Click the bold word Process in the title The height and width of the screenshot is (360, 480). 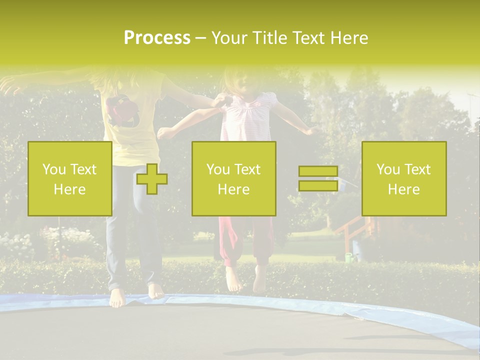pyautogui.click(x=157, y=38)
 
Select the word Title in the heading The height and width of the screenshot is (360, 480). pyautogui.click(x=268, y=38)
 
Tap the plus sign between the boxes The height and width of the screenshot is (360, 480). pyautogui.click(x=152, y=179)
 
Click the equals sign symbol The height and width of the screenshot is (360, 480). pyautogui.click(x=318, y=178)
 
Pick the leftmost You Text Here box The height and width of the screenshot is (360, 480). pyautogui.click(x=70, y=178)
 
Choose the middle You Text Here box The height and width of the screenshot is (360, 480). pyautogui.click(x=233, y=178)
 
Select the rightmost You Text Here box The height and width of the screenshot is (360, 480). pyautogui.click(x=404, y=178)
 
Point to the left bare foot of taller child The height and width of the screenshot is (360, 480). pyautogui.click(x=117, y=298)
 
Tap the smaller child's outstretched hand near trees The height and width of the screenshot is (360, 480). pyautogui.click(x=312, y=130)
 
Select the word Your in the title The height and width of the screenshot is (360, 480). pyautogui.click(x=229, y=38)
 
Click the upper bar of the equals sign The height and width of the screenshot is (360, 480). pyautogui.click(x=318, y=171)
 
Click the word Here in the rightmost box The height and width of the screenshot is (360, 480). pyautogui.click(x=404, y=189)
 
